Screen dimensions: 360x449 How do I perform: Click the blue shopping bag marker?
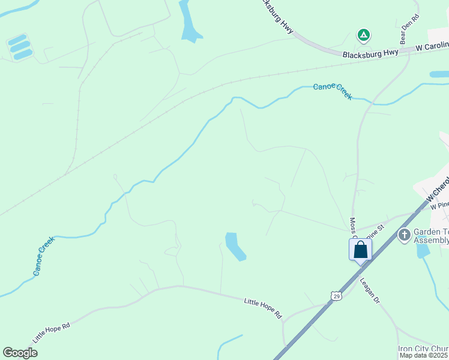360,249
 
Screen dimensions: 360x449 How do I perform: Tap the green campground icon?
363,35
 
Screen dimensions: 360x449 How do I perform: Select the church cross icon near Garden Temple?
405,235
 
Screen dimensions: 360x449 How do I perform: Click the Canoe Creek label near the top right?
333,91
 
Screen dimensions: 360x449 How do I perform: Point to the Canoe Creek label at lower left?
44,256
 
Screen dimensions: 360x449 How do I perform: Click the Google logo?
20,353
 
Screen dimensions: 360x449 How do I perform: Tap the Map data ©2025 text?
424,355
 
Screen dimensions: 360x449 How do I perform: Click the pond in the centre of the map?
235,246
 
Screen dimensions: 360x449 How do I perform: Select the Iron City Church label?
423,349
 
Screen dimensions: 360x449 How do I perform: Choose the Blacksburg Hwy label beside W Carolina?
370,53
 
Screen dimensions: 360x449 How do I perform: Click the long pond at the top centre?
190,22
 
